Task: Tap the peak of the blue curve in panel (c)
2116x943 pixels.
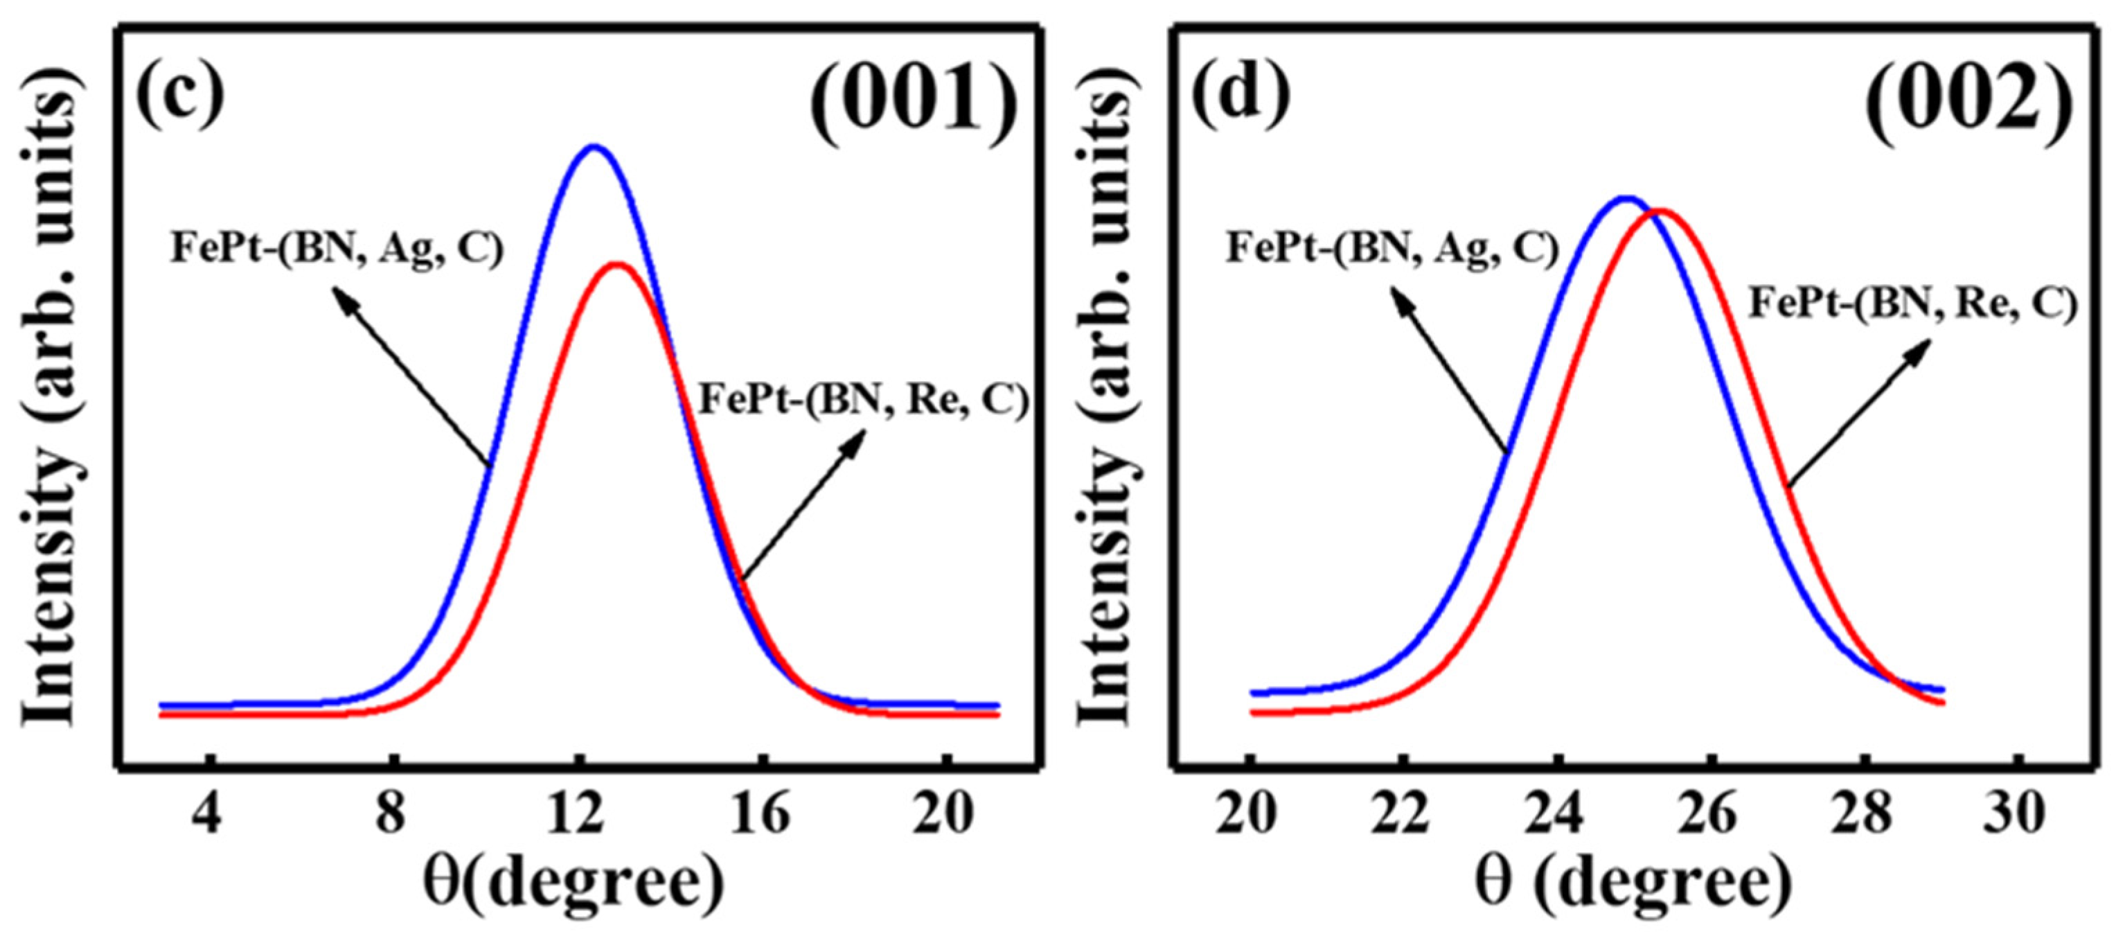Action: (x=594, y=148)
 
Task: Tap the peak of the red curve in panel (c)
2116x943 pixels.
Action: (x=617, y=265)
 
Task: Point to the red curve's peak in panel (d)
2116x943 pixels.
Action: (x=1661, y=211)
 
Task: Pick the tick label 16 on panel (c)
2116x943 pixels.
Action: (x=761, y=815)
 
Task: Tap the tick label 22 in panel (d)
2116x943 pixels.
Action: (x=1403, y=815)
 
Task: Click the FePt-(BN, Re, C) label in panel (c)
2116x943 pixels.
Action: (x=863, y=401)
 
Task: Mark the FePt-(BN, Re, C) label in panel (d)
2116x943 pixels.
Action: (x=1912, y=304)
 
